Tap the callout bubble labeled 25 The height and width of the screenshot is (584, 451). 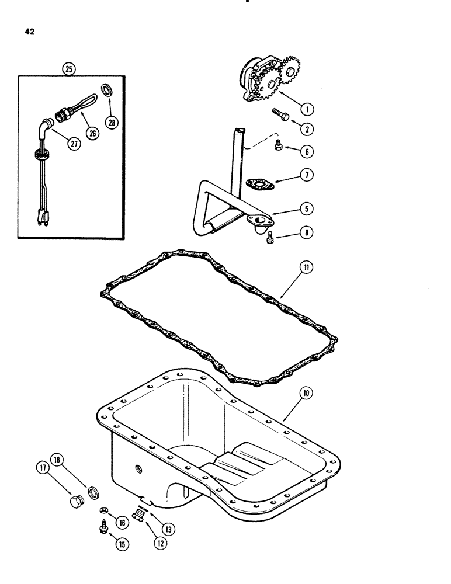[70, 69]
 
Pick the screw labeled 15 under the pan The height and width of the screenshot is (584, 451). [103, 529]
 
